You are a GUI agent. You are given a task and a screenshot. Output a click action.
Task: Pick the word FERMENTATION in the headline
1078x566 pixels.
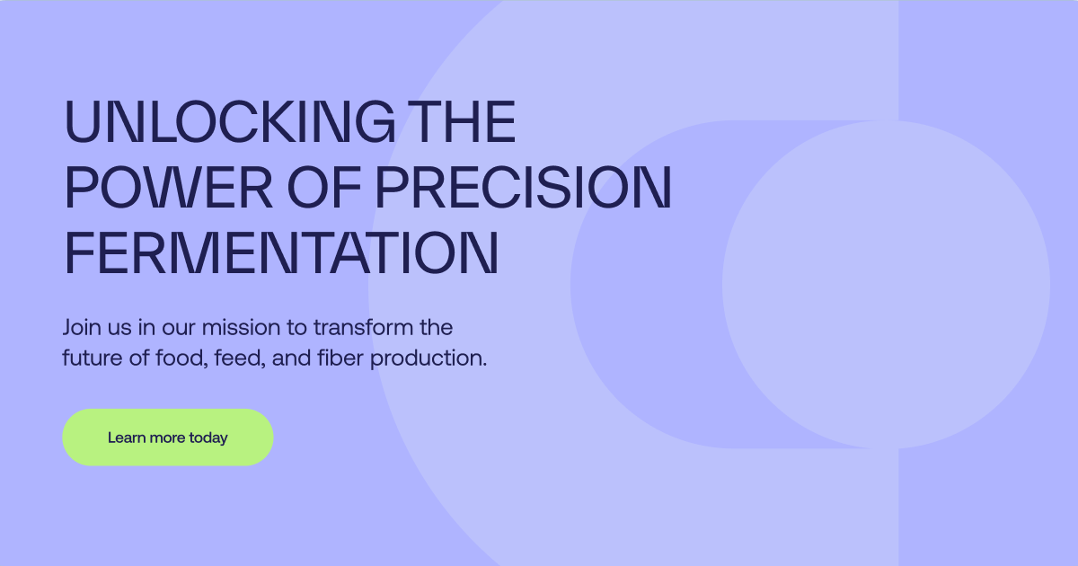point(280,253)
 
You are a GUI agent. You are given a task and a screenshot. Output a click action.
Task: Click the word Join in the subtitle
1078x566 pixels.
point(81,327)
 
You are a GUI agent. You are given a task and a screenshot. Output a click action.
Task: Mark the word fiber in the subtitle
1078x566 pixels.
point(340,358)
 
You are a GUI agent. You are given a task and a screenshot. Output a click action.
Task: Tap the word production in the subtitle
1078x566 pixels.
point(429,358)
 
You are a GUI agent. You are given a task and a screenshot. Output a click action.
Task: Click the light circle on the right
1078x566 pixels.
point(886,284)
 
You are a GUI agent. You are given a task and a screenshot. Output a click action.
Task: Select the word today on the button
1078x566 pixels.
point(208,438)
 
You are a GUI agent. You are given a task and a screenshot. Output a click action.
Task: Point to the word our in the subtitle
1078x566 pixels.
point(181,327)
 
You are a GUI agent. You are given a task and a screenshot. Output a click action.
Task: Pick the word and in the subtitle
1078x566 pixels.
point(291,358)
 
